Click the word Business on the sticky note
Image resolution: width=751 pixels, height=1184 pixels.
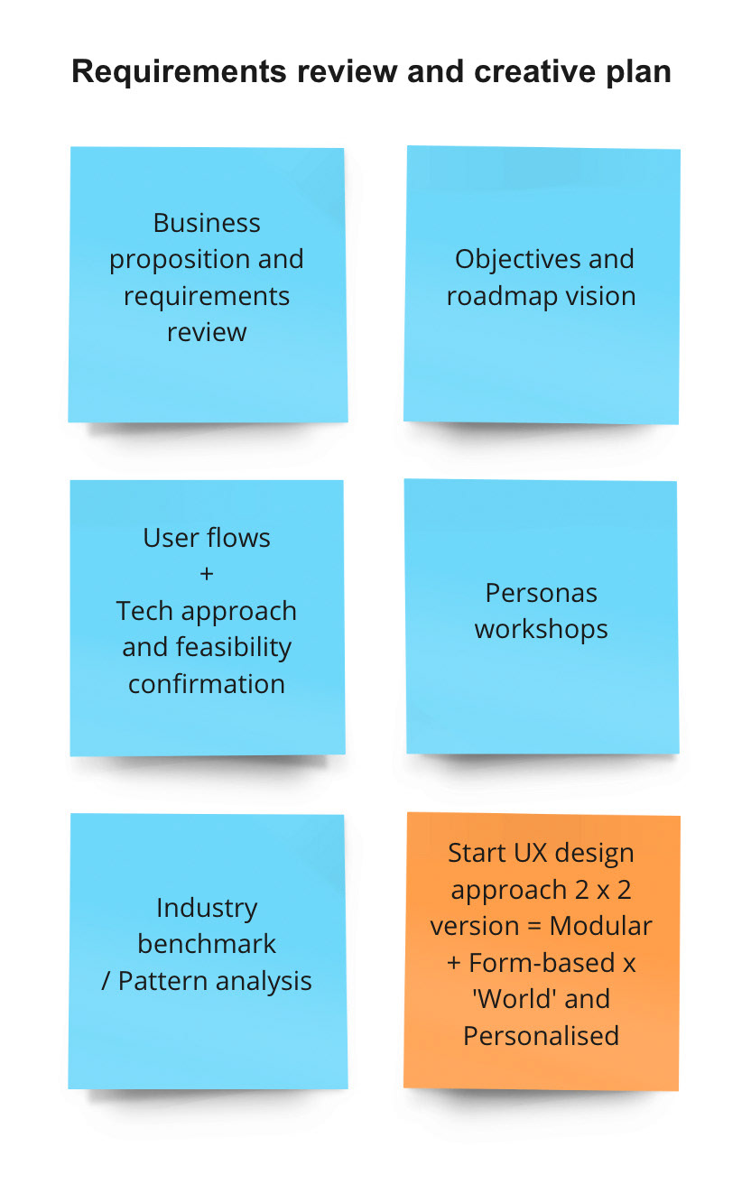[207, 223]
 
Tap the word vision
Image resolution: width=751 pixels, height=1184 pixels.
[599, 296]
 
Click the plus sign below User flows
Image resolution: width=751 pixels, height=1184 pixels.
[207, 575]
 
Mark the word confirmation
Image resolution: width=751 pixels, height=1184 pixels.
[207, 684]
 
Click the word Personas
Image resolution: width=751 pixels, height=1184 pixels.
[542, 593]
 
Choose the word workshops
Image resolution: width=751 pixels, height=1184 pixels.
[542, 629]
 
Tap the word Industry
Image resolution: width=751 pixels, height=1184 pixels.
[207, 908]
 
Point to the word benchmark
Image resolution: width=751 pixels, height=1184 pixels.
[207, 944]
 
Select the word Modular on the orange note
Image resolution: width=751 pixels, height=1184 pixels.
[600, 926]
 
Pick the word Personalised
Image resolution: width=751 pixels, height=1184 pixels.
[542, 1035]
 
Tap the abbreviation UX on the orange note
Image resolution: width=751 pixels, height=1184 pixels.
[516, 853]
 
